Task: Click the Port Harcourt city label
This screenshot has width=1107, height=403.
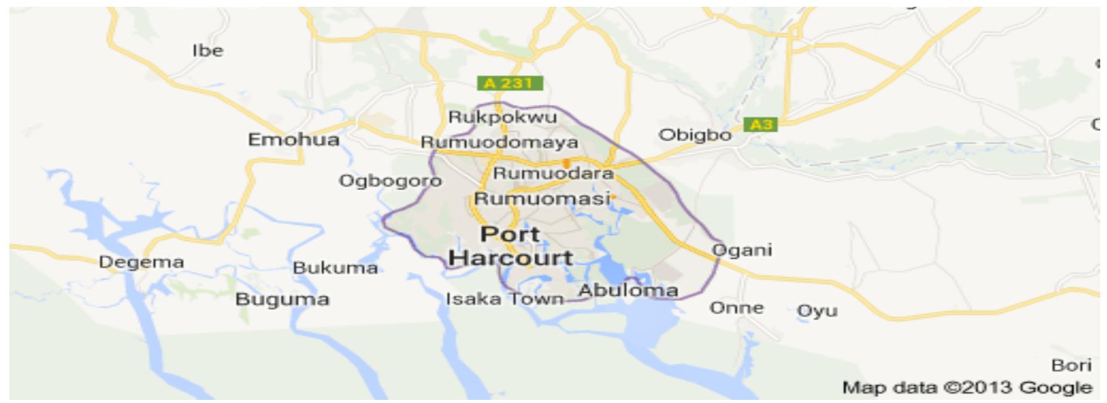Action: [x=511, y=246]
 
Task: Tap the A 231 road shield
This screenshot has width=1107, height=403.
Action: [x=510, y=83]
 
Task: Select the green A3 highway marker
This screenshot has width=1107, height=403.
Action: [x=760, y=125]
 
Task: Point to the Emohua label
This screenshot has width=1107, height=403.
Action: [x=293, y=140]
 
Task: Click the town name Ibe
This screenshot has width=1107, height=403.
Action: [x=208, y=51]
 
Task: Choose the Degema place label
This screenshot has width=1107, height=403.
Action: [x=141, y=262]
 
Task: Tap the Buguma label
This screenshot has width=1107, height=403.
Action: [x=282, y=300]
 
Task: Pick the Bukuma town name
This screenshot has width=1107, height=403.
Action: [x=335, y=268]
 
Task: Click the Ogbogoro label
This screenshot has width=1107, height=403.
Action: [x=390, y=181]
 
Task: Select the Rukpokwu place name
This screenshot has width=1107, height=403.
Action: [x=502, y=117]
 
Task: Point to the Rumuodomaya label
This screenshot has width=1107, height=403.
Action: [x=500, y=143]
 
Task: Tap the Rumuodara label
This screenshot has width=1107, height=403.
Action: [x=553, y=173]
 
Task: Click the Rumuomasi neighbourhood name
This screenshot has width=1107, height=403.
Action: [x=542, y=199]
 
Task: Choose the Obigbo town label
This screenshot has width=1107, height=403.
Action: [x=695, y=135]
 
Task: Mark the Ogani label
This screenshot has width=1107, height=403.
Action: [x=742, y=250]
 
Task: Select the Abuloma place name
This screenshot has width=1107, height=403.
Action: [x=628, y=290]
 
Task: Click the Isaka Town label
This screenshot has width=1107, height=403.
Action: [x=505, y=299]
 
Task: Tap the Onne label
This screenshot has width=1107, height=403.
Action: [x=736, y=307]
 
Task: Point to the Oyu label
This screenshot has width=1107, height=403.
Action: [x=817, y=310]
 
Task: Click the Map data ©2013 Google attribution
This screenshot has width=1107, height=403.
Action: [x=967, y=388]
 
